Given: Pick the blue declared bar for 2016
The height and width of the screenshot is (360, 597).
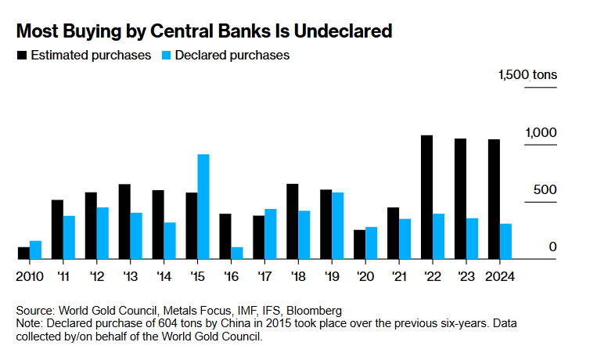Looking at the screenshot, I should click(x=237, y=253).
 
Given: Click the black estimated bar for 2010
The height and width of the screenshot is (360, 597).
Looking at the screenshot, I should click(x=23, y=253).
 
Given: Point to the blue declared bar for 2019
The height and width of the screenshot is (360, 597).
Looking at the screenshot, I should click(x=338, y=225).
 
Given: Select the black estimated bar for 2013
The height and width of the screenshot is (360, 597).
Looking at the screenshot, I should click(x=124, y=221).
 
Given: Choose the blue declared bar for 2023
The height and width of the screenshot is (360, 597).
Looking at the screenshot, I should click(x=472, y=239).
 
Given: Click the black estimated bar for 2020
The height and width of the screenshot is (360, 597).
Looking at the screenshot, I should click(x=360, y=244).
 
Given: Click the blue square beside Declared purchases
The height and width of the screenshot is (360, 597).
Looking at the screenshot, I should click(x=166, y=56).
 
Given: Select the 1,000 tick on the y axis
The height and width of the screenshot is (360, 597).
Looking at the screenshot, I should click(x=541, y=133).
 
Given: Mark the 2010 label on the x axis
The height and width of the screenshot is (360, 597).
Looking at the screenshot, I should click(x=30, y=276).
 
